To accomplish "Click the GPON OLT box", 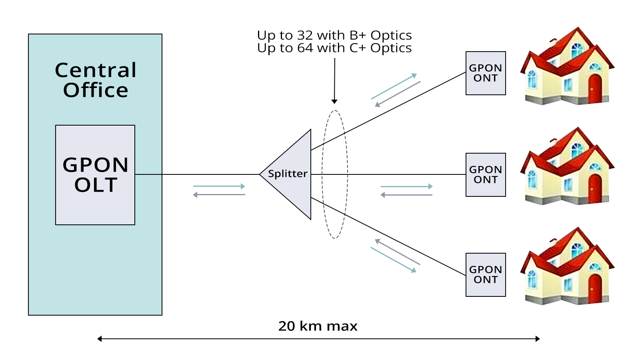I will [95, 175].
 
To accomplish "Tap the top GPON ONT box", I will [486, 73].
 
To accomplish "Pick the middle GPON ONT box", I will [486, 175].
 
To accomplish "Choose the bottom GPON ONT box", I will [486, 275].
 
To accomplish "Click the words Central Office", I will [96, 80].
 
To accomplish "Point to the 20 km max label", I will [318, 326].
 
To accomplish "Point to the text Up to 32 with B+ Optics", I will [334, 35].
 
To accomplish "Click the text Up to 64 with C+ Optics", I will [334, 48].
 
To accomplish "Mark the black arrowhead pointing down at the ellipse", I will [334, 102].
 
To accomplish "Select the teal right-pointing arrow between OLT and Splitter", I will [219, 186].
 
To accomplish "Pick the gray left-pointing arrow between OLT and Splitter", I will [219, 195].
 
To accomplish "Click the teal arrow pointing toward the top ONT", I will [394, 86].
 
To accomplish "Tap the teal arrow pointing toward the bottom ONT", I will [394, 260].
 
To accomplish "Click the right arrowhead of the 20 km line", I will [538, 339].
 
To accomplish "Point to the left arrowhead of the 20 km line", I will [100, 339].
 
